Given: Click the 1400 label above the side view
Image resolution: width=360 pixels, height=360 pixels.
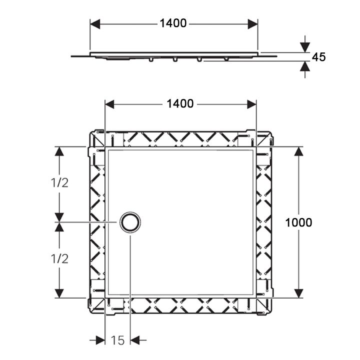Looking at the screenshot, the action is pos(173,23).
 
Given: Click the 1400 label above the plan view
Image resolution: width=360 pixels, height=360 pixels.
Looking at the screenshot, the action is pos(180,104).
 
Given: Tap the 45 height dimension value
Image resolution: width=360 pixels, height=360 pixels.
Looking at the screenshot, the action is pos(318,57).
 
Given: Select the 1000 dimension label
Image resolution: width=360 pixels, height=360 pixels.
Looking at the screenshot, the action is pos(298,222).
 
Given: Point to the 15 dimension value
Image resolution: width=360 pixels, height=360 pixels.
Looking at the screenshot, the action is pos(118,340).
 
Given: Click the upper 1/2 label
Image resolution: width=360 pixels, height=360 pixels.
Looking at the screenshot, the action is pos(59,183).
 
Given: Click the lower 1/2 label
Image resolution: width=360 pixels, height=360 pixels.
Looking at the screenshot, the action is pos(59,259).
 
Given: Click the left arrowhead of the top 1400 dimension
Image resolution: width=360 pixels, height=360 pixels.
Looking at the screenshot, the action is pos(95,24).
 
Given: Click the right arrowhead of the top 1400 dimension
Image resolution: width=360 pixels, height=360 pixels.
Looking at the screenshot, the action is pos(252,24).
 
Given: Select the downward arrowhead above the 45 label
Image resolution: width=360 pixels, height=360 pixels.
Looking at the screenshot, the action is pos(305,47).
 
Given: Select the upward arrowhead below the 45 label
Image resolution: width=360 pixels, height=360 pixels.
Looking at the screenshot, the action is pos(305,66).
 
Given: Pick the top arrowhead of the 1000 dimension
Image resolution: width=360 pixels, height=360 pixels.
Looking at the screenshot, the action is pos(298,151).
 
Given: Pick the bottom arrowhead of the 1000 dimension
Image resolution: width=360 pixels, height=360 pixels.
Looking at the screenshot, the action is pos(298,293).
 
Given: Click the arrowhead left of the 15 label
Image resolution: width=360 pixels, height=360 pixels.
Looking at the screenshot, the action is pos(100,340).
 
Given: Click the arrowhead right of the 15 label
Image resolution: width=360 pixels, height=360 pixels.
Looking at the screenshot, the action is pos(135,340).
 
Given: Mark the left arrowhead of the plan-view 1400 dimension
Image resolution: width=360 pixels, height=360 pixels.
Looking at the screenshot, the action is pos(109,104).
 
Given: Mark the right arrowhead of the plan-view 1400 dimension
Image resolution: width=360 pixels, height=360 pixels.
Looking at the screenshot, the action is pos(251,104).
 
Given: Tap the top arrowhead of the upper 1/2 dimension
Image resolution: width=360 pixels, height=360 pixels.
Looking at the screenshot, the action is pos(59,151).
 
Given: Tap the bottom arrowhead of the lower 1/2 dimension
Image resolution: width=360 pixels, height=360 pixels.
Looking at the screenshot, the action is pos(59,293).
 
